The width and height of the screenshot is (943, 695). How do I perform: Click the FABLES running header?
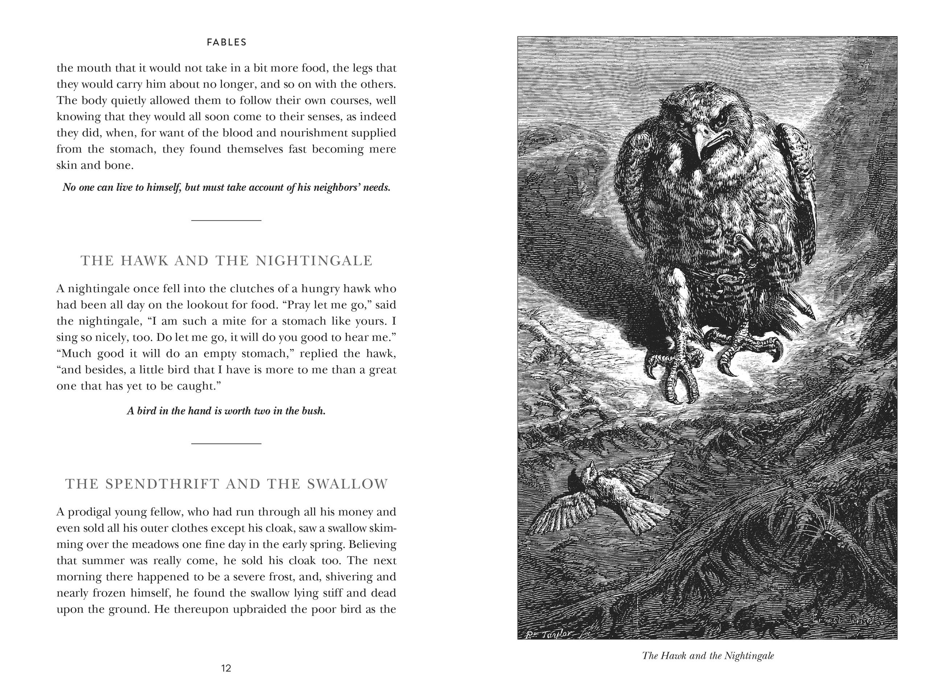226,42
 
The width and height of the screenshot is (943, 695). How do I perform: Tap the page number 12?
226,668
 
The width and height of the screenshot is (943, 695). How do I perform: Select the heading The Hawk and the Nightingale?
226,260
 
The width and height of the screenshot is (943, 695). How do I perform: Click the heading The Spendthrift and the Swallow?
226,484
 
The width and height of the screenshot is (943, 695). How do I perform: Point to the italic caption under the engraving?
708,655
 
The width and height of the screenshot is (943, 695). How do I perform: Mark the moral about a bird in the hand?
226,411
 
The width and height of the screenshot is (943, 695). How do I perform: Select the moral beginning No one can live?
226,187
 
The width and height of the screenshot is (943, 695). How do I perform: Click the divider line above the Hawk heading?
226,220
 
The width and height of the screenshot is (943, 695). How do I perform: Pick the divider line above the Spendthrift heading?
226,443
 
